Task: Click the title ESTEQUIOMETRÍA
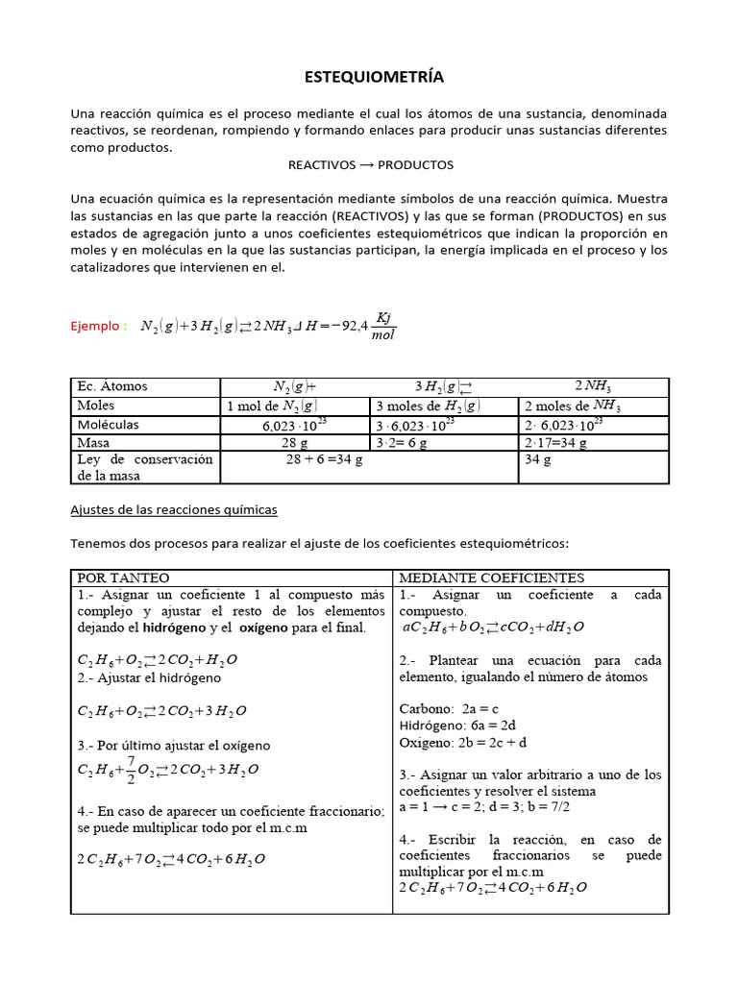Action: pos(368,77)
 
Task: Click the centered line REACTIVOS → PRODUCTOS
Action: pos(370,164)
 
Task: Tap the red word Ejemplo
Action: pos(97,326)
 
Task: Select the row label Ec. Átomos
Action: pos(112,386)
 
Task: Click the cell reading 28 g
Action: pos(295,443)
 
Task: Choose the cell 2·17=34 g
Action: pos(556,443)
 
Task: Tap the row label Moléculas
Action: pos(108,424)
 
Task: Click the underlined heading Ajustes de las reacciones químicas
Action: pos(174,509)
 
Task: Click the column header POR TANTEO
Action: pos(123,578)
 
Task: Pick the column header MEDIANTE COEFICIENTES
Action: pos(491,578)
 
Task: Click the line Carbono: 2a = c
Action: pos(450,709)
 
